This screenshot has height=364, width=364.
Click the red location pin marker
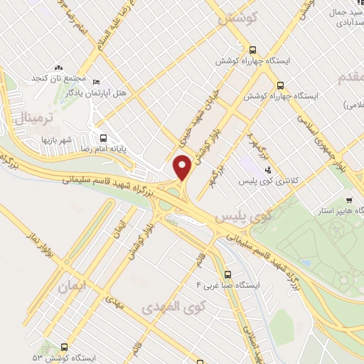click(183, 168)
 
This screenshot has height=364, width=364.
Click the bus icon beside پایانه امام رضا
click(104, 138)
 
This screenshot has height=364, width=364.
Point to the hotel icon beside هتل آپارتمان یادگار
click(97, 80)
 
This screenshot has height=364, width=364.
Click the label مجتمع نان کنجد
click(59, 77)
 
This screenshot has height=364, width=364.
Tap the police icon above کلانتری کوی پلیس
click(268, 171)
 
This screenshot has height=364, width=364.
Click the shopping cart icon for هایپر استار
click(348, 200)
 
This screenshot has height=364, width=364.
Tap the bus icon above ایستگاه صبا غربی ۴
click(227, 274)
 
